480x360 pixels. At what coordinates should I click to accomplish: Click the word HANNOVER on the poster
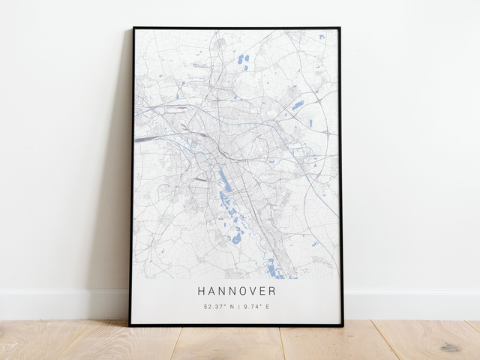pos(237,291)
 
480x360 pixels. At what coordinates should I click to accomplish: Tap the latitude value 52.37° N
pos(219,307)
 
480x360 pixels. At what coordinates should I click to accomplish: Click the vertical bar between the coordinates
pos(238,307)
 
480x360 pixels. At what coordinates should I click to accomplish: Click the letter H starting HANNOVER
pos(202,291)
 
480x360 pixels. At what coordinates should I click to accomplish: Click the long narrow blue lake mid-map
pos(223,180)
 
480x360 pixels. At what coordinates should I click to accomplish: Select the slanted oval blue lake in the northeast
pos(298,106)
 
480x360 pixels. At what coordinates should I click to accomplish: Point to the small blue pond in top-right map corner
pos(322,35)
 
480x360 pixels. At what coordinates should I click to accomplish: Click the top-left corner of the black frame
pos(133,28)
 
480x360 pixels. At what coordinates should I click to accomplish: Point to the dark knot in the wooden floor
pos(450,347)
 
